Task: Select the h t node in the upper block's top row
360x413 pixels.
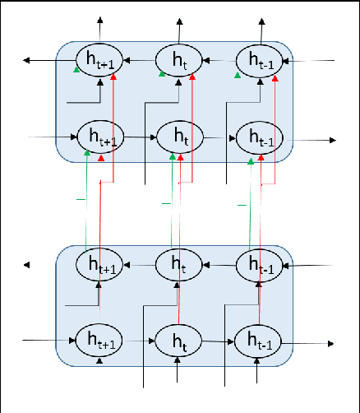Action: (178, 59)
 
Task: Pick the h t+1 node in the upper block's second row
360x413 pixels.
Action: (99, 137)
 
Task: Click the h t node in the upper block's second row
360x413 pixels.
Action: (178, 137)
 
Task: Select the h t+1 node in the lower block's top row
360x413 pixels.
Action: (99, 265)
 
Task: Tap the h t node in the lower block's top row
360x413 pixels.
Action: (178, 265)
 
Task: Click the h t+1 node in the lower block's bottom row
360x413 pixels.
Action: (99, 340)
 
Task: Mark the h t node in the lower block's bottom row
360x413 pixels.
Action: (178, 340)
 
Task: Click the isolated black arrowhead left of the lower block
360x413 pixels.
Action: (27, 265)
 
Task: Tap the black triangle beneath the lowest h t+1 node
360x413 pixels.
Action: (99, 360)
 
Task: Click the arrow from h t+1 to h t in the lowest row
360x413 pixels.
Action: (138, 340)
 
